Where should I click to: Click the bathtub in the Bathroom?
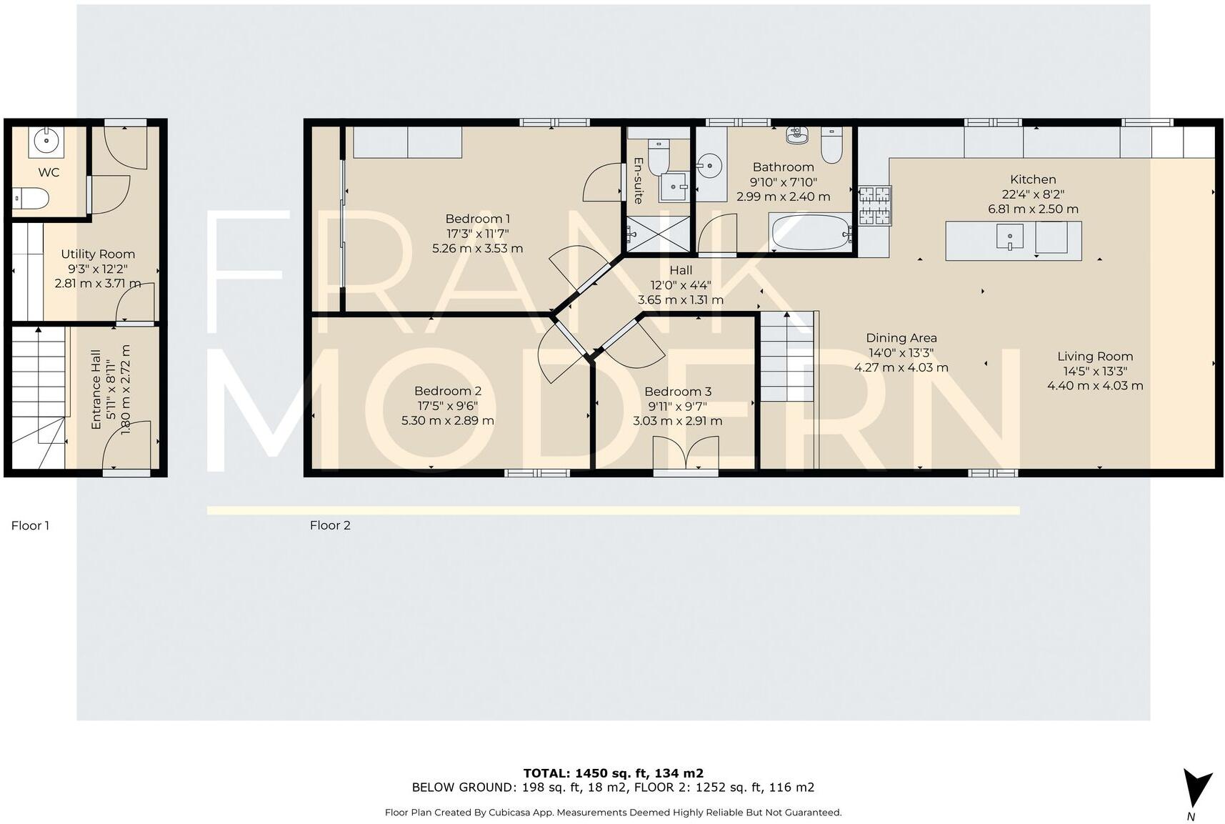(809, 233)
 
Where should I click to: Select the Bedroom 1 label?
(477, 219)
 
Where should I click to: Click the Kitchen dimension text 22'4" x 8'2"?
(1033, 194)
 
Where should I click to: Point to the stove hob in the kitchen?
(874, 206)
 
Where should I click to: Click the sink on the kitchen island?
(1009, 236)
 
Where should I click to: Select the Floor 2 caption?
(330, 525)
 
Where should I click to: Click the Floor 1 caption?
(30, 525)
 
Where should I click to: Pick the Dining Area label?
(901, 338)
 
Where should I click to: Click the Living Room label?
(1094, 356)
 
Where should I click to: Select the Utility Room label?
(98, 254)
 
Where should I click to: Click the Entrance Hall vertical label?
(96, 389)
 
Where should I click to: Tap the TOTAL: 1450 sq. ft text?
(613, 773)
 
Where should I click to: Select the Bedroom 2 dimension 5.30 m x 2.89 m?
(447, 420)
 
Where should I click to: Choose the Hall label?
(680, 270)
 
